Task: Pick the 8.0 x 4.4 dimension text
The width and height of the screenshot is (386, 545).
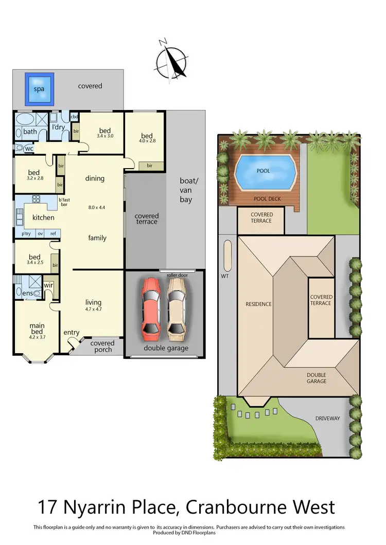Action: pyautogui.click(x=96, y=208)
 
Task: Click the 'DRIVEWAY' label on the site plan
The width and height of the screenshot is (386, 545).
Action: pyautogui.click(x=328, y=418)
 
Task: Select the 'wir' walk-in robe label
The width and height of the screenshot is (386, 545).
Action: pyautogui.click(x=49, y=284)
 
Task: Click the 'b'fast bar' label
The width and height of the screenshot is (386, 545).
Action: pyautogui.click(x=64, y=202)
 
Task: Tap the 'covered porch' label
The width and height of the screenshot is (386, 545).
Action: pyautogui.click(x=102, y=347)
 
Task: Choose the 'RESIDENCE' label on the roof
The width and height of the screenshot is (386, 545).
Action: pyautogui.click(x=258, y=304)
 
